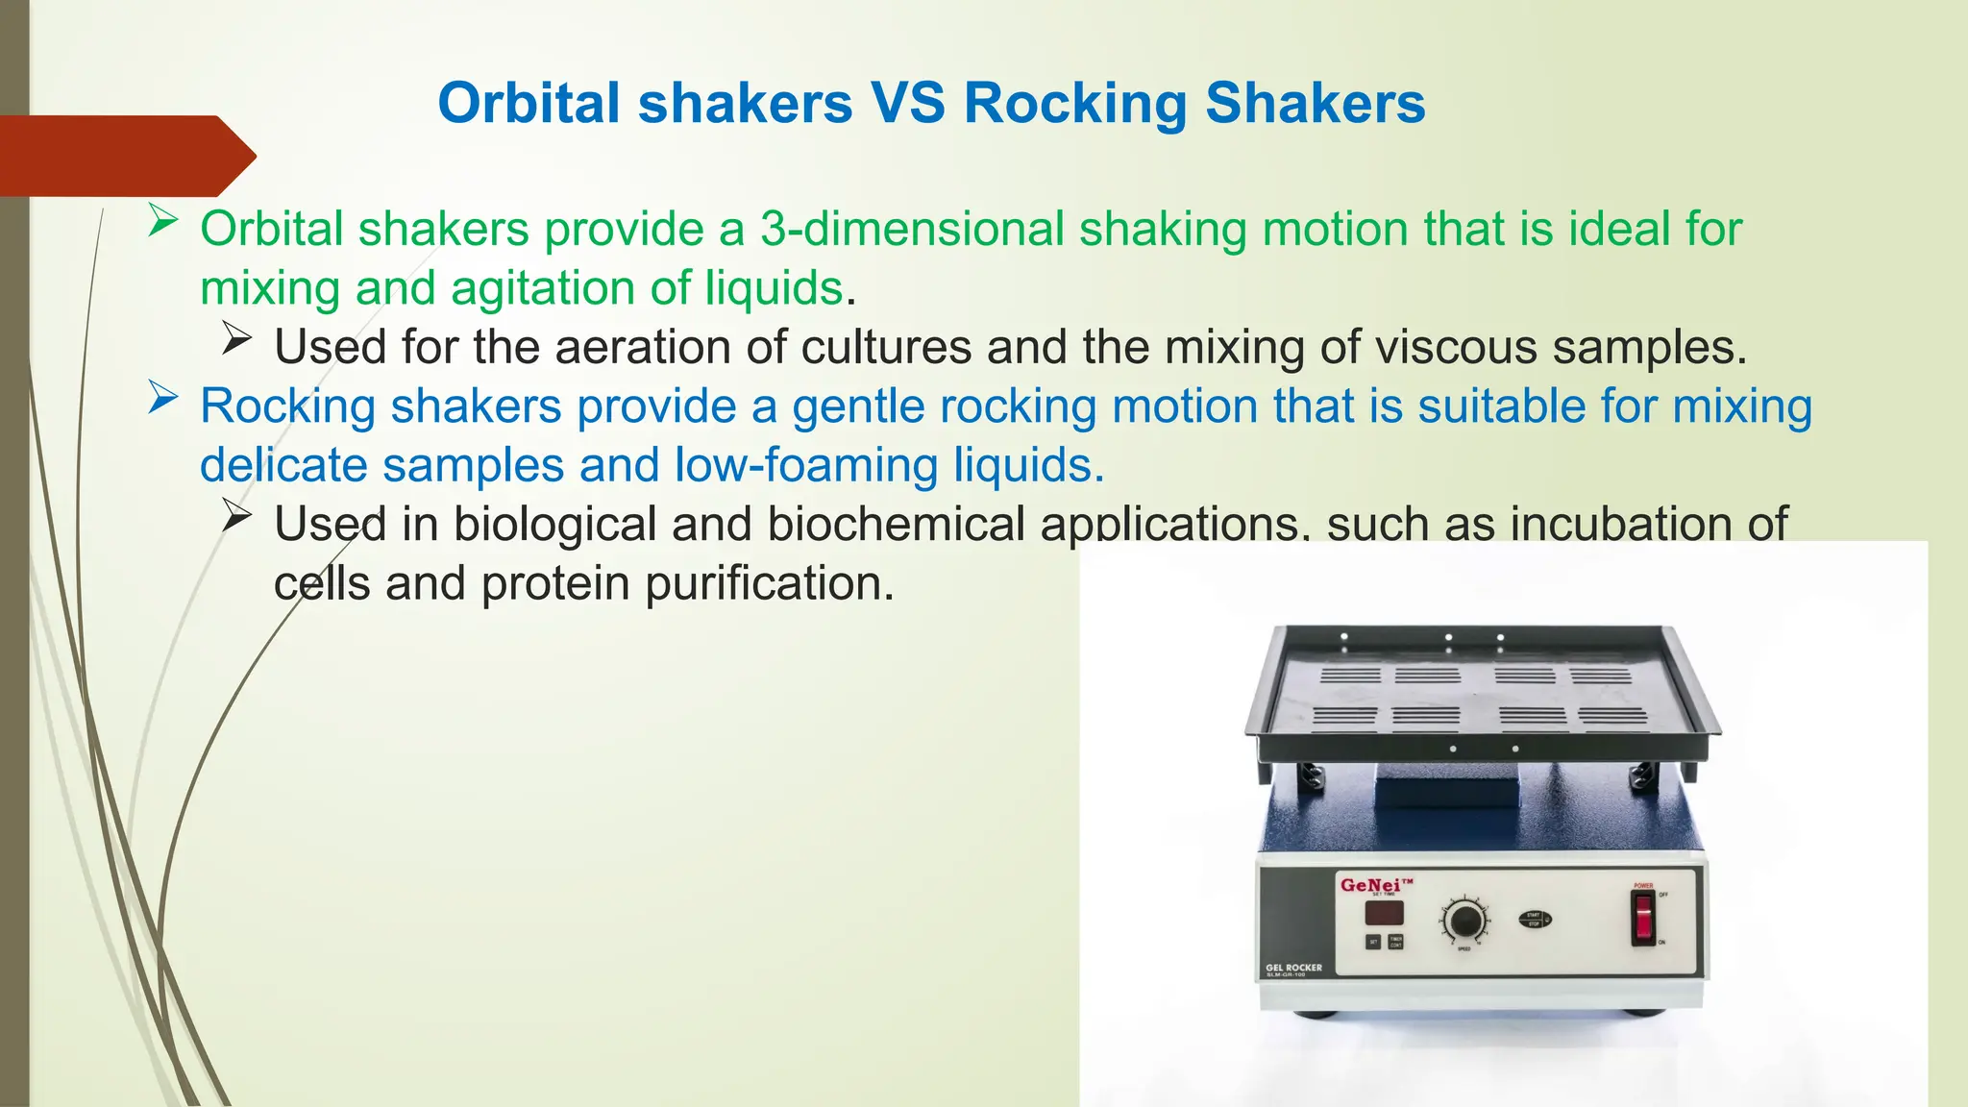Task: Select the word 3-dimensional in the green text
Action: pyautogui.click(x=911, y=230)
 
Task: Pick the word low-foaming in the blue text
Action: pyautogui.click(x=806, y=465)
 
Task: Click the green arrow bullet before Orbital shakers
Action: pyautogui.click(x=162, y=224)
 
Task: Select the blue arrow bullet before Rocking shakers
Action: pyautogui.click(x=162, y=399)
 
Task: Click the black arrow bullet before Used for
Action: pyautogui.click(x=236, y=338)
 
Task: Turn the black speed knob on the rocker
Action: pyautogui.click(x=1464, y=921)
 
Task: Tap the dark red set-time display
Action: pyautogui.click(x=1384, y=913)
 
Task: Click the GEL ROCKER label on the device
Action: pyautogui.click(x=1293, y=968)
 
